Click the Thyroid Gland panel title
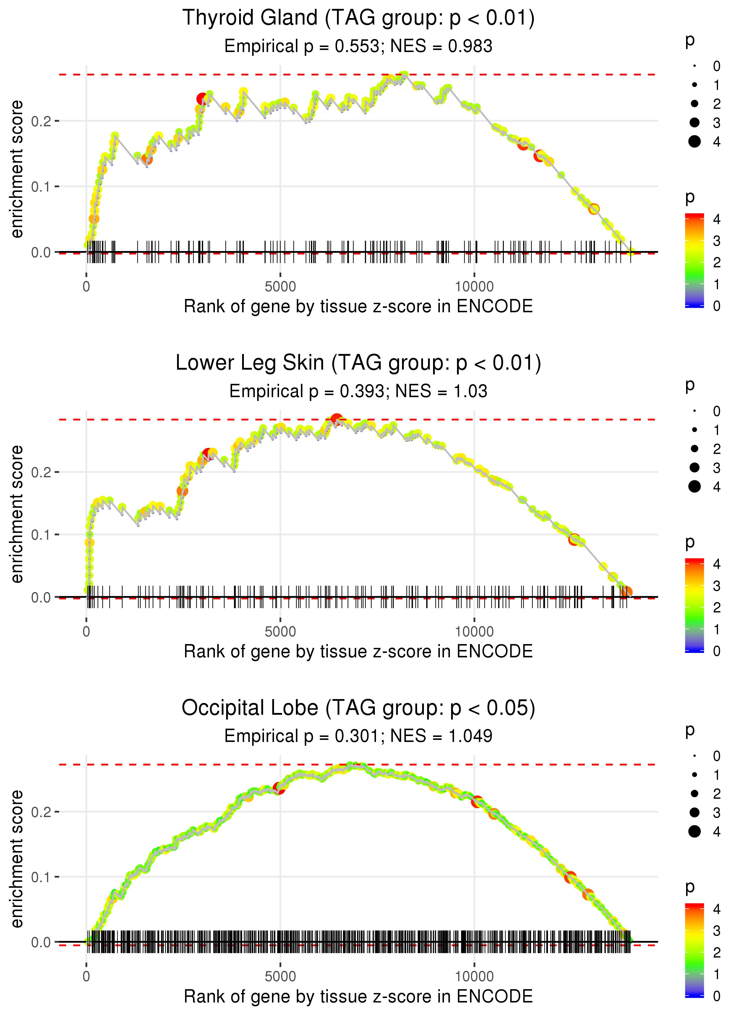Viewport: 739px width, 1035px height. pyautogui.click(x=358, y=18)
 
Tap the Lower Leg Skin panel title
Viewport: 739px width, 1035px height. pyautogui.click(x=358, y=363)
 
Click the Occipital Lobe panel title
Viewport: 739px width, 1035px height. pyautogui.click(x=358, y=708)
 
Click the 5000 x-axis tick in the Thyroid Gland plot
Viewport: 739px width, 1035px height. pyautogui.click(x=280, y=287)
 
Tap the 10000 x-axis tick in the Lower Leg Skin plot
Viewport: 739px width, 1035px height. pyautogui.click(x=474, y=632)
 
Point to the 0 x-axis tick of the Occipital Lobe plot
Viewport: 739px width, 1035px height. pyautogui.click(x=86, y=977)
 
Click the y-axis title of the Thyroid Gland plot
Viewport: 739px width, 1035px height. pyautogui.click(x=17, y=169)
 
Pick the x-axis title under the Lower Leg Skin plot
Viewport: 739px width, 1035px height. pyautogui.click(x=358, y=652)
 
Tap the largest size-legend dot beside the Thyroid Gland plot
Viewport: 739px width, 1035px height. pyautogui.click(x=694, y=142)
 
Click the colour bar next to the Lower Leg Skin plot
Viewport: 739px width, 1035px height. pyautogui.click(x=694, y=605)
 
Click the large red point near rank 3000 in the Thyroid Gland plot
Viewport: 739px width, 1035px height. pyautogui.click(x=202, y=99)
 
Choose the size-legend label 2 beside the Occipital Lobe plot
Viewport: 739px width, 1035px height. pyautogui.click(x=717, y=794)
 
